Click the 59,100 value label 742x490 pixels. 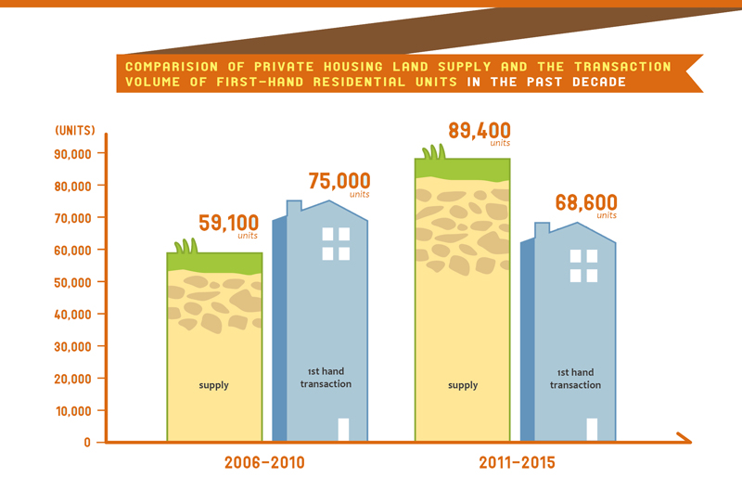[228, 224]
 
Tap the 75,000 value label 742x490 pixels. [339, 181]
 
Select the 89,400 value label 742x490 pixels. [479, 130]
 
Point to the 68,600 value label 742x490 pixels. [586, 202]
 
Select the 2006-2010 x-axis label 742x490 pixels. [264, 461]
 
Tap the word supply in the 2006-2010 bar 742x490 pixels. [213, 384]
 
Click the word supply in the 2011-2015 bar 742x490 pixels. [462, 384]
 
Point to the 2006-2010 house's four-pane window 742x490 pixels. [336, 244]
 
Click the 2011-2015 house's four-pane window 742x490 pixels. [583, 265]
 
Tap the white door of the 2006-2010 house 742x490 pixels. [343, 430]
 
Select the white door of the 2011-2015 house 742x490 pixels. [592, 430]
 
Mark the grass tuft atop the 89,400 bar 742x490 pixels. [433, 153]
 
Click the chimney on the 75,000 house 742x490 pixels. [294, 208]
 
